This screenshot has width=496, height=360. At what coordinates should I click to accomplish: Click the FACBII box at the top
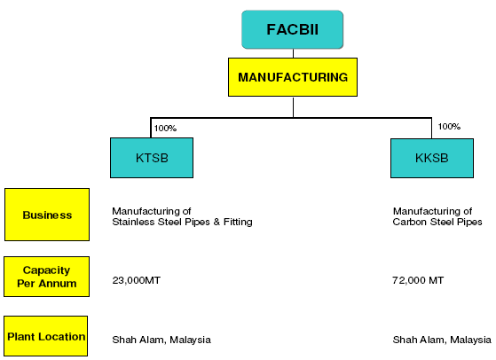click(x=292, y=30)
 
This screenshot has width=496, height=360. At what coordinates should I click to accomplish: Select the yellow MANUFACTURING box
click(x=294, y=77)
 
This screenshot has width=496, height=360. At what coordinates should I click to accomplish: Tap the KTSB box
click(x=152, y=157)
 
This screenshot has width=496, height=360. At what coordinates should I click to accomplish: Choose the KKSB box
click(x=431, y=157)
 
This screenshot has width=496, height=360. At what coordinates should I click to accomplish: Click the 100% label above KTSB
click(x=165, y=129)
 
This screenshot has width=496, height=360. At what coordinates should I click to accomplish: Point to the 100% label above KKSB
click(x=449, y=127)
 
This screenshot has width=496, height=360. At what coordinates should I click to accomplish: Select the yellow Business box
click(x=47, y=215)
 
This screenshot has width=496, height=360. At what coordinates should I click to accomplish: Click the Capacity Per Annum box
click(x=47, y=277)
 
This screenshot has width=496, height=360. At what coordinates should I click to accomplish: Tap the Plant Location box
click(x=46, y=336)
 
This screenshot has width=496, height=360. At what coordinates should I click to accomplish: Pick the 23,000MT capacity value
click(x=136, y=280)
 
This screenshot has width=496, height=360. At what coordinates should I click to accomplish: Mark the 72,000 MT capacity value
click(x=418, y=280)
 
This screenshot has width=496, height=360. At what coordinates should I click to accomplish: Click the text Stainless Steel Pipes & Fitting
click(x=182, y=223)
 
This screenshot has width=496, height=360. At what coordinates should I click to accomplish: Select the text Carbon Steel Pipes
click(x=438, y=223)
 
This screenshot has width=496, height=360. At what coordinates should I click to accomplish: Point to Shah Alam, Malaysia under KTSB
click(x=161, y=340)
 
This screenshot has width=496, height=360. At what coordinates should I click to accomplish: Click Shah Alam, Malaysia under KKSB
click(x=442, y=340)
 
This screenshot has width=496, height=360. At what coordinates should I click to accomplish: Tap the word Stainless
click(x=133, y=223)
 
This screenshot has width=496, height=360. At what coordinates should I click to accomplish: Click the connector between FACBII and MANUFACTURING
click(x=293, y=53)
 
